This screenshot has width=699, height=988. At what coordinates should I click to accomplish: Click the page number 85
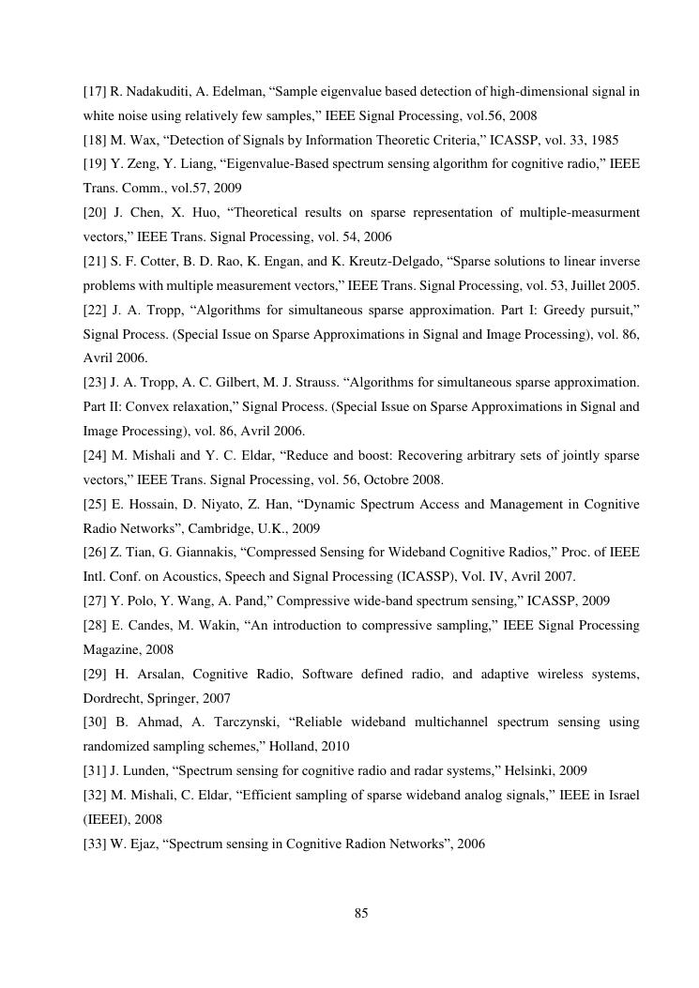coord(361,913)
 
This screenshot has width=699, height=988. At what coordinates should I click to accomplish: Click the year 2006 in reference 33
coord(468,844)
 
